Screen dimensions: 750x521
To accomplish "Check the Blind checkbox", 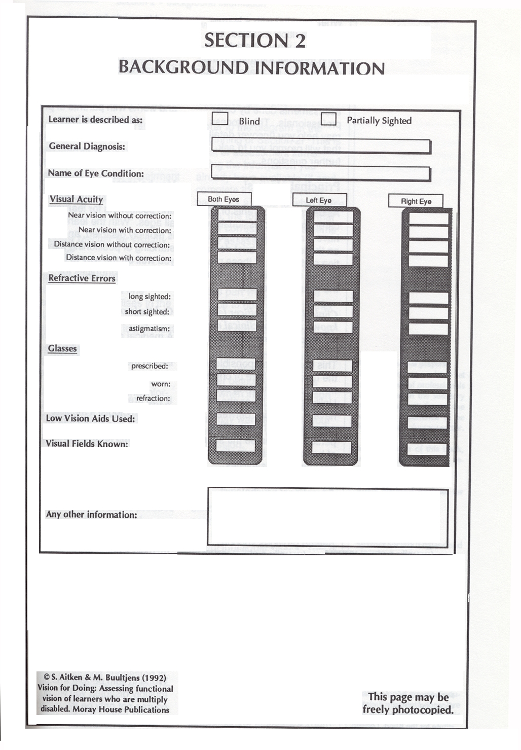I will (x=220, y=119).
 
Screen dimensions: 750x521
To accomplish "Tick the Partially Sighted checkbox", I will (x=328, y=119).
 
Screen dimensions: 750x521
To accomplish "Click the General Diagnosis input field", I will (x=320, y=147).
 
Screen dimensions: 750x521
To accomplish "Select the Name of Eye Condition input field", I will (x=320, y=173).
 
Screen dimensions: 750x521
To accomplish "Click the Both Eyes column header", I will (x=224, y=199).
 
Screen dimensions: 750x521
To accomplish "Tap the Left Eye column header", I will (x=319, y=200).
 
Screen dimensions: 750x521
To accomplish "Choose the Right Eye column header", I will (x=416, y=201).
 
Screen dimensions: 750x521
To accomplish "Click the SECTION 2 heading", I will (x=255, y=41).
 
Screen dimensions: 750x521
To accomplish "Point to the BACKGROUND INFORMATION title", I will (x=251, y=67).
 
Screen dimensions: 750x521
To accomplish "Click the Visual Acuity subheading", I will (x=76, y=199).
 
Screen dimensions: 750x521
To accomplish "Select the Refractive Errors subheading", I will (x=82, y=278).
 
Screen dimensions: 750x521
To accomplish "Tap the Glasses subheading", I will (x=62, y=348).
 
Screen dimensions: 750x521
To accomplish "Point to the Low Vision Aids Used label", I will (x=90, y=418).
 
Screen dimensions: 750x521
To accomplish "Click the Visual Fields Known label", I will (x=87, y=444).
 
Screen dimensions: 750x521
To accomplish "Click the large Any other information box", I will (x=327, y=516).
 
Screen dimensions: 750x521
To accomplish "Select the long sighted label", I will (x=149, y=296).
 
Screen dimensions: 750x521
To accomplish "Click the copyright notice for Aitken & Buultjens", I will (x=105, y=693).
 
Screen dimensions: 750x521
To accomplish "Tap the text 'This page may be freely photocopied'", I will (x=407, y=703).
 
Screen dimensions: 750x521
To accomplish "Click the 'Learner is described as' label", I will (x=95, y=120).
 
